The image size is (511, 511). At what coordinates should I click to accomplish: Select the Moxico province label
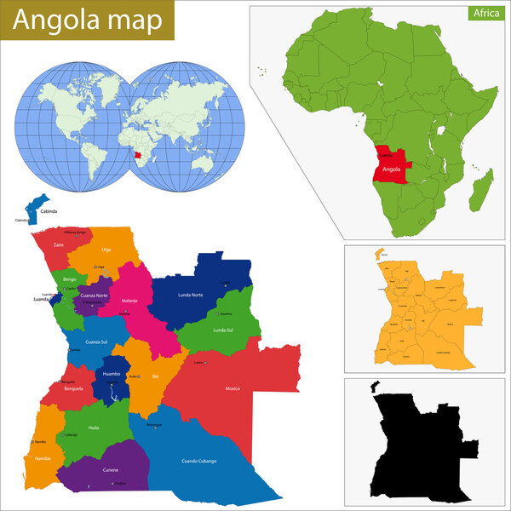tap(232, 388)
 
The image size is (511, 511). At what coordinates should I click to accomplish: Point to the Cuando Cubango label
tap(199, 461)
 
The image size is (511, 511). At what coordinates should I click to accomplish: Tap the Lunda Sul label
tap(223, 330)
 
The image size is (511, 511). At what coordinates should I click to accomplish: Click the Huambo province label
tap(112, 374)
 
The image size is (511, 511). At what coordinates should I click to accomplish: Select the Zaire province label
tap(58, 244)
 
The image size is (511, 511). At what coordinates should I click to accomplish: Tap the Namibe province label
tap(43, 458)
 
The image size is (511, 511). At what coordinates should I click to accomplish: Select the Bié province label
tap(155, 375)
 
